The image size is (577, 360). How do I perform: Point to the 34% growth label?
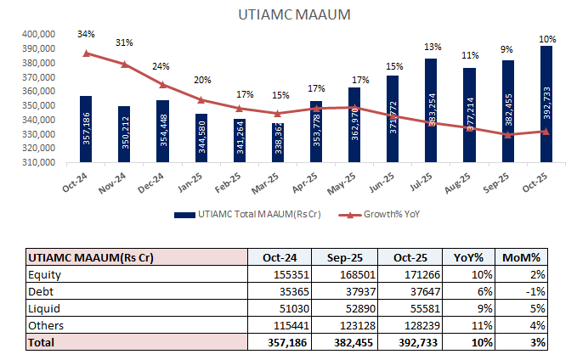[86, 34]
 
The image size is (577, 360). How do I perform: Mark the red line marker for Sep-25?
[508, 134]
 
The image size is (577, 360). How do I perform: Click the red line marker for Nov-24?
[124, 64]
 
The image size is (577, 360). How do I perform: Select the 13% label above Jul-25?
[431, 47]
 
